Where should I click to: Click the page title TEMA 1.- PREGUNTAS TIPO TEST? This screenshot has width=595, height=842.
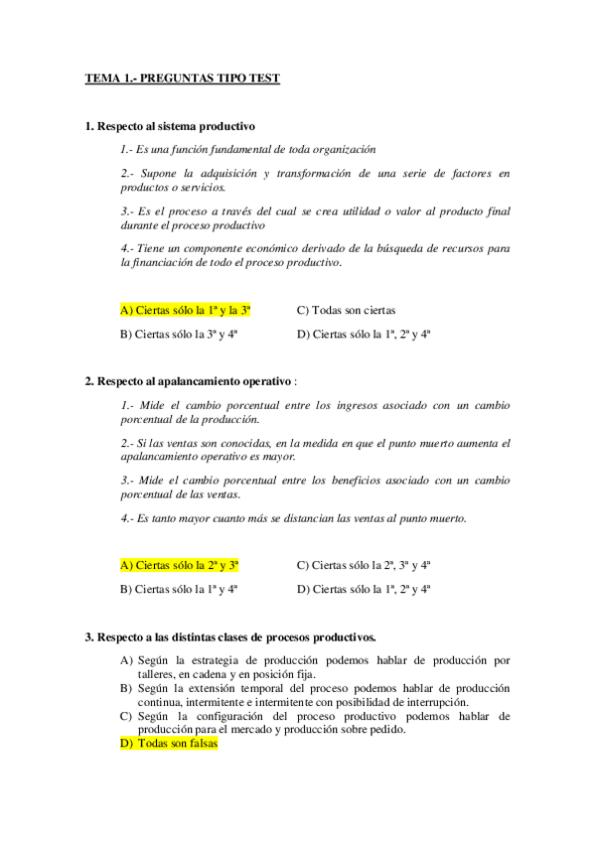tap(182, 77)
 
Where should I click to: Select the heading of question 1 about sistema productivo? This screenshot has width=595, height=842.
tap(170, 126)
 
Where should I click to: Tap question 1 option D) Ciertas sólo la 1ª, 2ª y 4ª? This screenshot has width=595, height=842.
tap(363, 335)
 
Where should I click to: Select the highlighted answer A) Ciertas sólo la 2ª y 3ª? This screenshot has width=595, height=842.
tap(180, 565)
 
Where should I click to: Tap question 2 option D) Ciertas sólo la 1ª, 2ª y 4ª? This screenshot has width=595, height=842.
tap(363, 589)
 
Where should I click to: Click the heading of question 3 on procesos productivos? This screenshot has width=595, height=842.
tap(229, 635)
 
